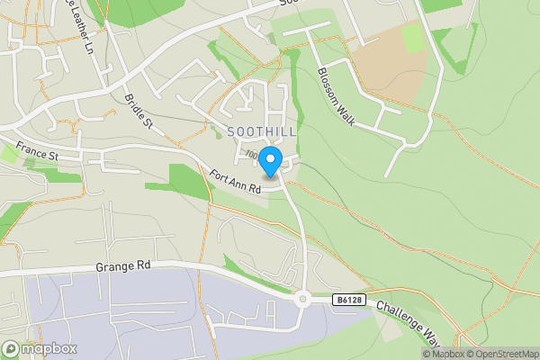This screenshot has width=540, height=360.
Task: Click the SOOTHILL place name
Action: click(x=262, y=131)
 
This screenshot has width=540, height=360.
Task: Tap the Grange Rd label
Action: click(x=121, y=267)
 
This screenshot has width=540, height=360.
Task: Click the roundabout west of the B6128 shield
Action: click(x=303, y=300)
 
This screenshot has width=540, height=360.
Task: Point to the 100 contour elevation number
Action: click(x=251, y=157)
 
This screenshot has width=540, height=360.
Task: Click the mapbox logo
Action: click(x=40, y=349)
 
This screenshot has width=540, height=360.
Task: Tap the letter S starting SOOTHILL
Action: click(x=232, y=131)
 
